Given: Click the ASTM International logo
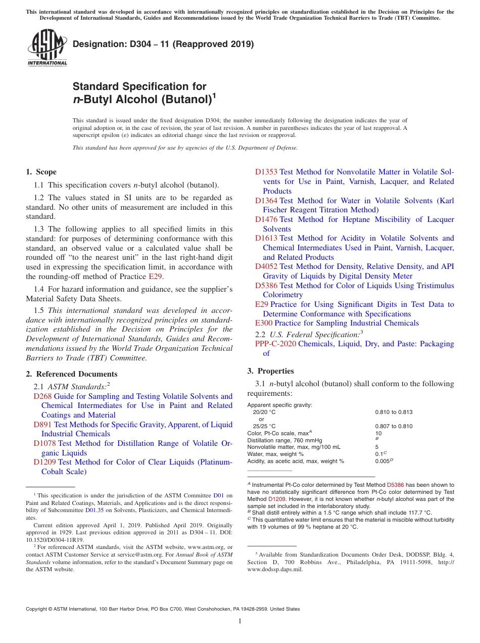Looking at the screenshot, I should click(47, 49).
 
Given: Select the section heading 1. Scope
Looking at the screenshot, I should click(41, 172).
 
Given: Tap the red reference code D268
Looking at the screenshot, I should click(42, 396).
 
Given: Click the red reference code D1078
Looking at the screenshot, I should click(45, 443).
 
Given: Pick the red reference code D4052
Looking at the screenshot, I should click(266, 266).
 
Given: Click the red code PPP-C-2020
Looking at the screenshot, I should click(275, 344).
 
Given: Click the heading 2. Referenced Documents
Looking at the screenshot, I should click(72, 374).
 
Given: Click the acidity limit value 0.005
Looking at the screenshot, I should click(382, 461).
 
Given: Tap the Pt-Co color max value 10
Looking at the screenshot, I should click(378, 433).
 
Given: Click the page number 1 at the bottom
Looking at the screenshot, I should click(240, 621).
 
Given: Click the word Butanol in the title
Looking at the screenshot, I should click(184, 99).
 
